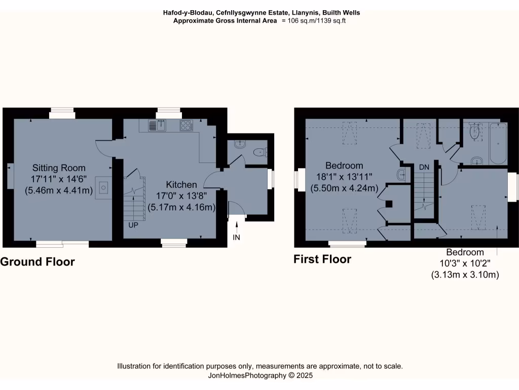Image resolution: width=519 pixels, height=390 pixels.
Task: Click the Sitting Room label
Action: tap(59, 168)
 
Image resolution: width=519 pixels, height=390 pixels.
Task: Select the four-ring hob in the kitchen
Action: tap(186, 125)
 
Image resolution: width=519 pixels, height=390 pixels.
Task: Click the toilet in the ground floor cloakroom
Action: tap(261, 151)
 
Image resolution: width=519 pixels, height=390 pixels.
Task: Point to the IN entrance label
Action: tap(237, 237)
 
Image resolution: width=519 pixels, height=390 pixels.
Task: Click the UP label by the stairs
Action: tap(133, 224)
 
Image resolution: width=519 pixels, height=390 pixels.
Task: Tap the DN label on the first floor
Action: tap(424, 167)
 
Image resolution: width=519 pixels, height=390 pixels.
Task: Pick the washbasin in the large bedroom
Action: tap(401, 175)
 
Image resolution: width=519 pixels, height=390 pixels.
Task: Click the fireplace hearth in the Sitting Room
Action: tap(104, 188)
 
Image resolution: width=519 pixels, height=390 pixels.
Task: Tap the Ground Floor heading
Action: tap(38, 262)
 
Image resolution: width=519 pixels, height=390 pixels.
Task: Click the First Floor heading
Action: tap(322, 259)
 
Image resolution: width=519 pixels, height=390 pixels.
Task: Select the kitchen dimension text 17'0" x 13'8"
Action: tap(181, 196)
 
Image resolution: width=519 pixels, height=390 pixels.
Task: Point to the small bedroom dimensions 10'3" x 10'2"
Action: tap(465, 264)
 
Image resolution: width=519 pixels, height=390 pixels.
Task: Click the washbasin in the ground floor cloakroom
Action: tap(238, 144)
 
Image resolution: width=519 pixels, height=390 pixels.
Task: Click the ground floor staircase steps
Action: tap(134, 198)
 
